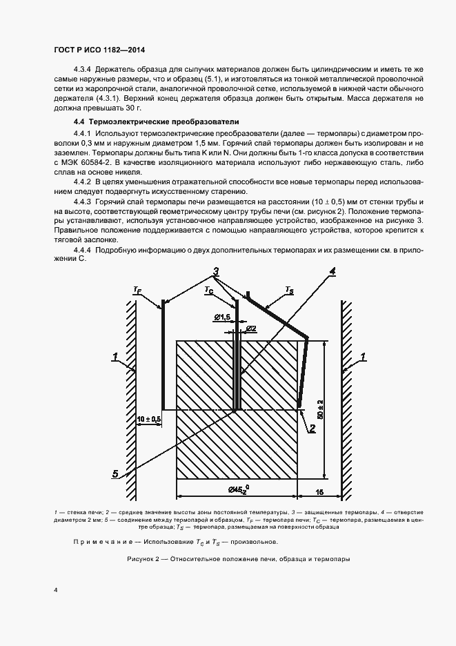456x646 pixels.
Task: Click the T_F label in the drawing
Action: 137,292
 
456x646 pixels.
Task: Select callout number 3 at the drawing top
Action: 215,273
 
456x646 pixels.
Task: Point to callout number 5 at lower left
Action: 115,473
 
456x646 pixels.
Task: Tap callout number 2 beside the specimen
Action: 312,428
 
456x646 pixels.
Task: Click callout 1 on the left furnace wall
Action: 115,357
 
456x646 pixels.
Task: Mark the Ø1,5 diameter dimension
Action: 221,317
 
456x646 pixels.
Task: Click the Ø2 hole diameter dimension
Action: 251,328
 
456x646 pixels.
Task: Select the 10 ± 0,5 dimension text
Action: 148,419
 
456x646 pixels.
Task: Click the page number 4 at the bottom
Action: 55,590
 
